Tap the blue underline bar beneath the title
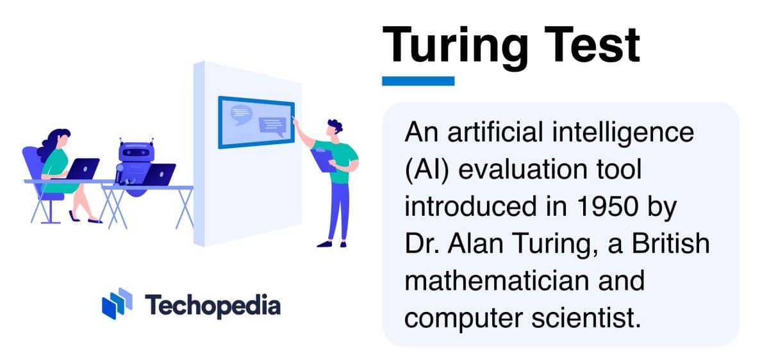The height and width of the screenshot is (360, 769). coord(418,81)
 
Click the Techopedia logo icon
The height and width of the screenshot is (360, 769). coord(117,304)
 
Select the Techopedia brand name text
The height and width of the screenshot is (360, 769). coord(212,305)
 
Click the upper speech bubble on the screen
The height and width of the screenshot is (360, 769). coord(241,113)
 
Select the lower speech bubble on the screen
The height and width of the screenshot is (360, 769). coord(272,126)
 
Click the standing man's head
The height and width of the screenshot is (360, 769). coord(333,127)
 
